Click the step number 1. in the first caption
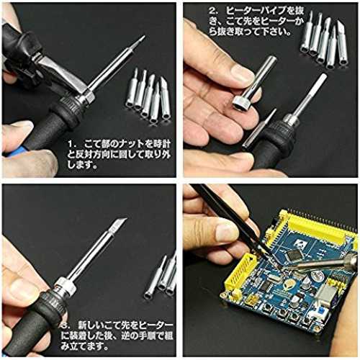tap(72, 144)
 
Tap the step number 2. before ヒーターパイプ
tap(213, 11)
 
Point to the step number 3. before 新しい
tap(65, 327)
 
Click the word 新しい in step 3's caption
tap(90, 327)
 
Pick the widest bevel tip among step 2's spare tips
tap(343, 42)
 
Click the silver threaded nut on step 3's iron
tap(63, 287)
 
